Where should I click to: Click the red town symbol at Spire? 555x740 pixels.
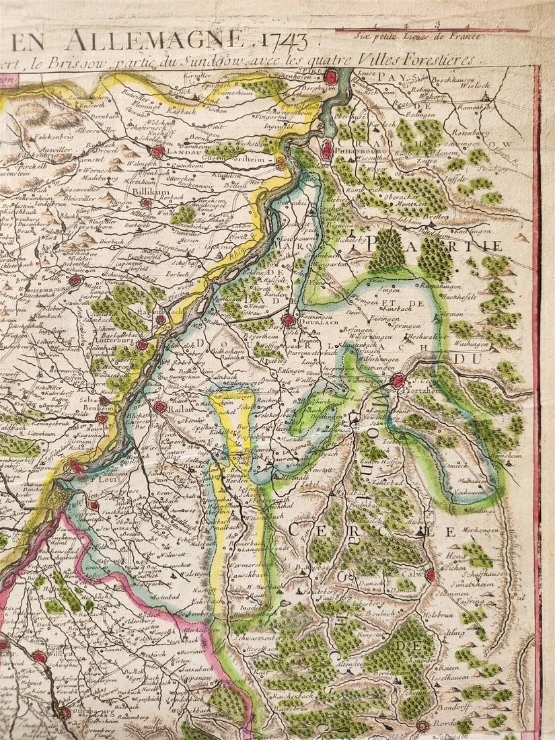coord(330,78)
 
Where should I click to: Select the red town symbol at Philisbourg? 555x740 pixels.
coord(327,151)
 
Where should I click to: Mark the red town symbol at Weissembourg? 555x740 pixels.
coord(75,280)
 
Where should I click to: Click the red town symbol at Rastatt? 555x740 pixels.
coord(159,406)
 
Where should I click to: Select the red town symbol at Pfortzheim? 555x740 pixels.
coord(398,381)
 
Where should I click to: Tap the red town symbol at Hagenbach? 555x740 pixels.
coord(161,320)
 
